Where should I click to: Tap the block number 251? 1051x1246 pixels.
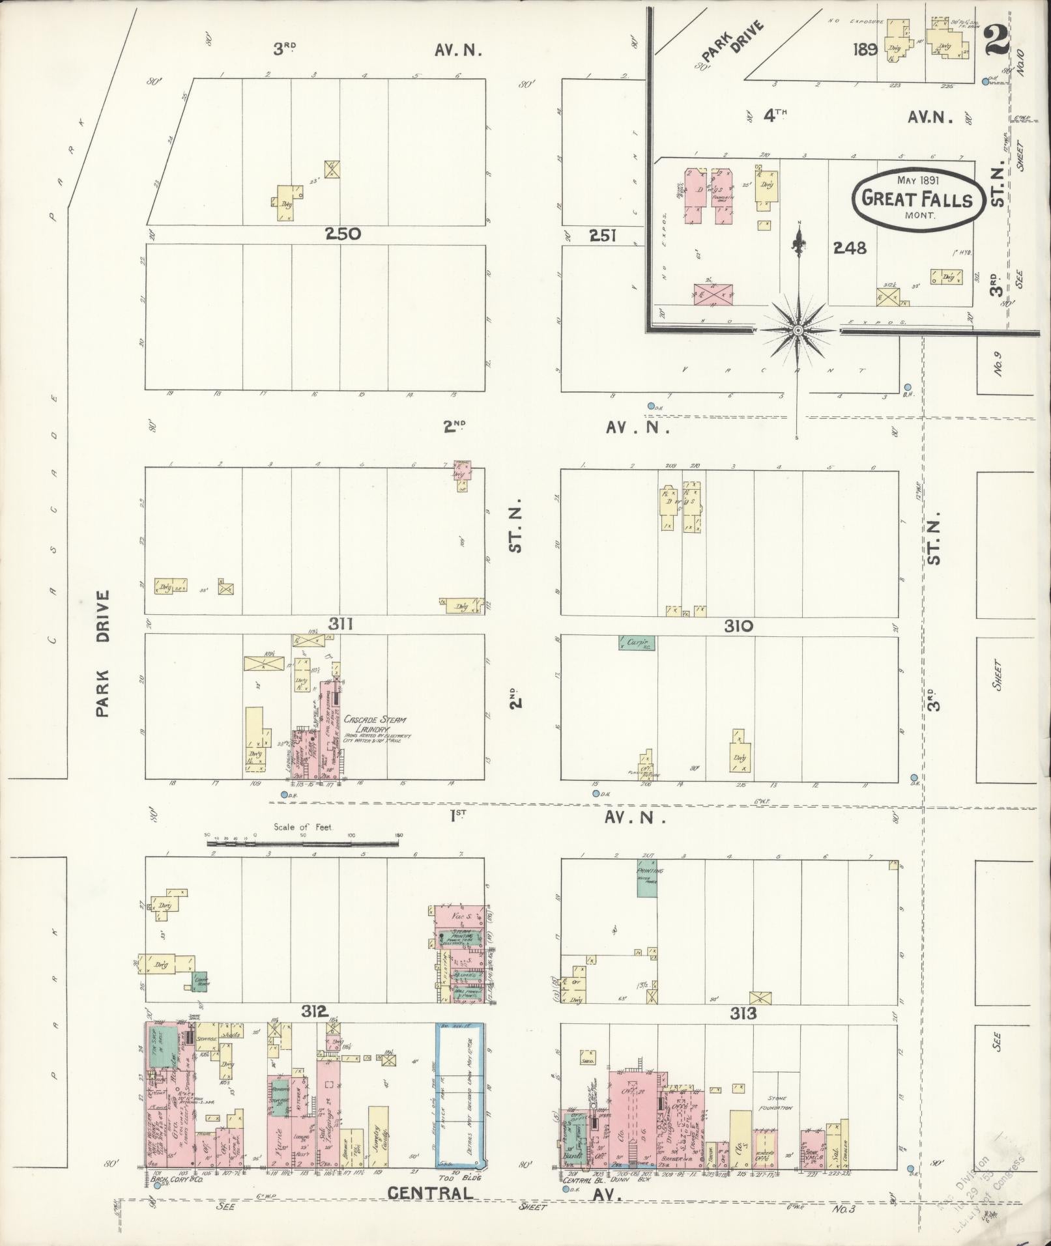tap(603, 235)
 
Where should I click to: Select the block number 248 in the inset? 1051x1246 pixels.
tap(850, 248)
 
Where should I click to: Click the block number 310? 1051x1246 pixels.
tap(738, 627)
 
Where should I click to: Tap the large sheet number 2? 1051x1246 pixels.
tap(996, 40)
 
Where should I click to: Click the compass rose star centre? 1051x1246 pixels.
tap(798, 331)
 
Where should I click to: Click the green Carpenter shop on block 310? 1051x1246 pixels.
tap(637, 643)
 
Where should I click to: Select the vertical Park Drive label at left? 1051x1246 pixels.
tap(102, 653)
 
